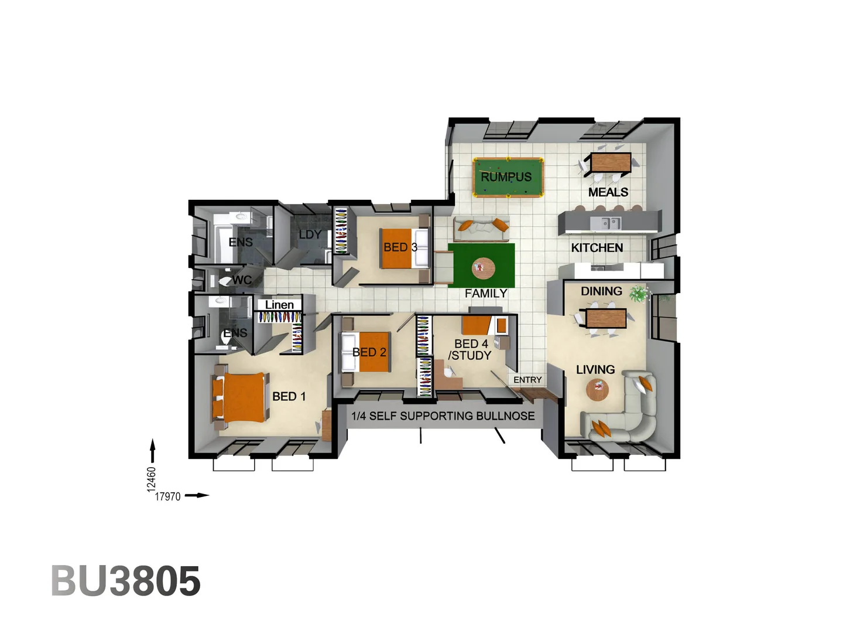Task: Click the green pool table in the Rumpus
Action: coord(508,177)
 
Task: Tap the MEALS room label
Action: coord(608,192)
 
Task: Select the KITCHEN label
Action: coord(597,248)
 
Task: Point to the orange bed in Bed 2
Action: coord(372,352)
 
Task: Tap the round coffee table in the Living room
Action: coord(597,388)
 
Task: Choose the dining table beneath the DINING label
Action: coord(606,318)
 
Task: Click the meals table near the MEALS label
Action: coord(611,162)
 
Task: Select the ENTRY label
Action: coord(527,380)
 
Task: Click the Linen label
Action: coord(279,305)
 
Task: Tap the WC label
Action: coord(241,280)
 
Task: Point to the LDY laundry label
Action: coord(310,234)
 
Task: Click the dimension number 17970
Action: coord(167,496)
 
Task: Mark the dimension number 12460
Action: coord(152,478)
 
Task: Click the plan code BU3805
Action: coord(126,581)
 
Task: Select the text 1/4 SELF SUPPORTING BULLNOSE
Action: coord(443,416)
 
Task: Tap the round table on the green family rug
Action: coord(483,268)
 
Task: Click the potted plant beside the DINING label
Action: coord(639,292)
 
